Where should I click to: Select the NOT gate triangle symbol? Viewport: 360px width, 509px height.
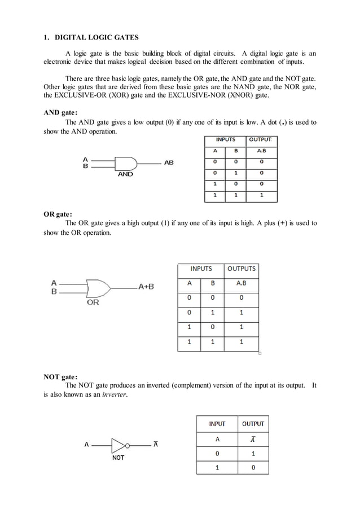(118, 444)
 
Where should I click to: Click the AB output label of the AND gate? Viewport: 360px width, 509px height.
(168, 163)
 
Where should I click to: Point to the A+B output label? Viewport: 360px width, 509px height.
(146, 286)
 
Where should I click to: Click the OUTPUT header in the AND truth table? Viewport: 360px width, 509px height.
(260, 139)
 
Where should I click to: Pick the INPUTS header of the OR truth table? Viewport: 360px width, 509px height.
(201, 269)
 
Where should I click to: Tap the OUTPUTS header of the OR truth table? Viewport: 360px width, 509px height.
(241, 269)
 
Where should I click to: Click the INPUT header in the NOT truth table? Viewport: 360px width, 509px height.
(217, 424)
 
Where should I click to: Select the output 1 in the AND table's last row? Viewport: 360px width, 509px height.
(261, 195)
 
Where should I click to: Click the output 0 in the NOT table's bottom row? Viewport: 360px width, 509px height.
(253, 467)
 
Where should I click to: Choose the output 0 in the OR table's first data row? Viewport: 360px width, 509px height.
(241, 298)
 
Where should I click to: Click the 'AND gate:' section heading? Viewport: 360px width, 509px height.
(61, 112)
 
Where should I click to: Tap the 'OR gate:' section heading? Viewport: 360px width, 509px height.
(58, 214)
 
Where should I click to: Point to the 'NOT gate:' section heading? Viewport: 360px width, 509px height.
(61, 376)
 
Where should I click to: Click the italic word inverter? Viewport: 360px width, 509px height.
(115, 394)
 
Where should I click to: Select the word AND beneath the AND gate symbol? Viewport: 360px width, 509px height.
(125, 174)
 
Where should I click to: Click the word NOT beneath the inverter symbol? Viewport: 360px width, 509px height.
(118, 458)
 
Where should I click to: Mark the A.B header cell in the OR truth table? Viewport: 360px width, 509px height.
(241, 283)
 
